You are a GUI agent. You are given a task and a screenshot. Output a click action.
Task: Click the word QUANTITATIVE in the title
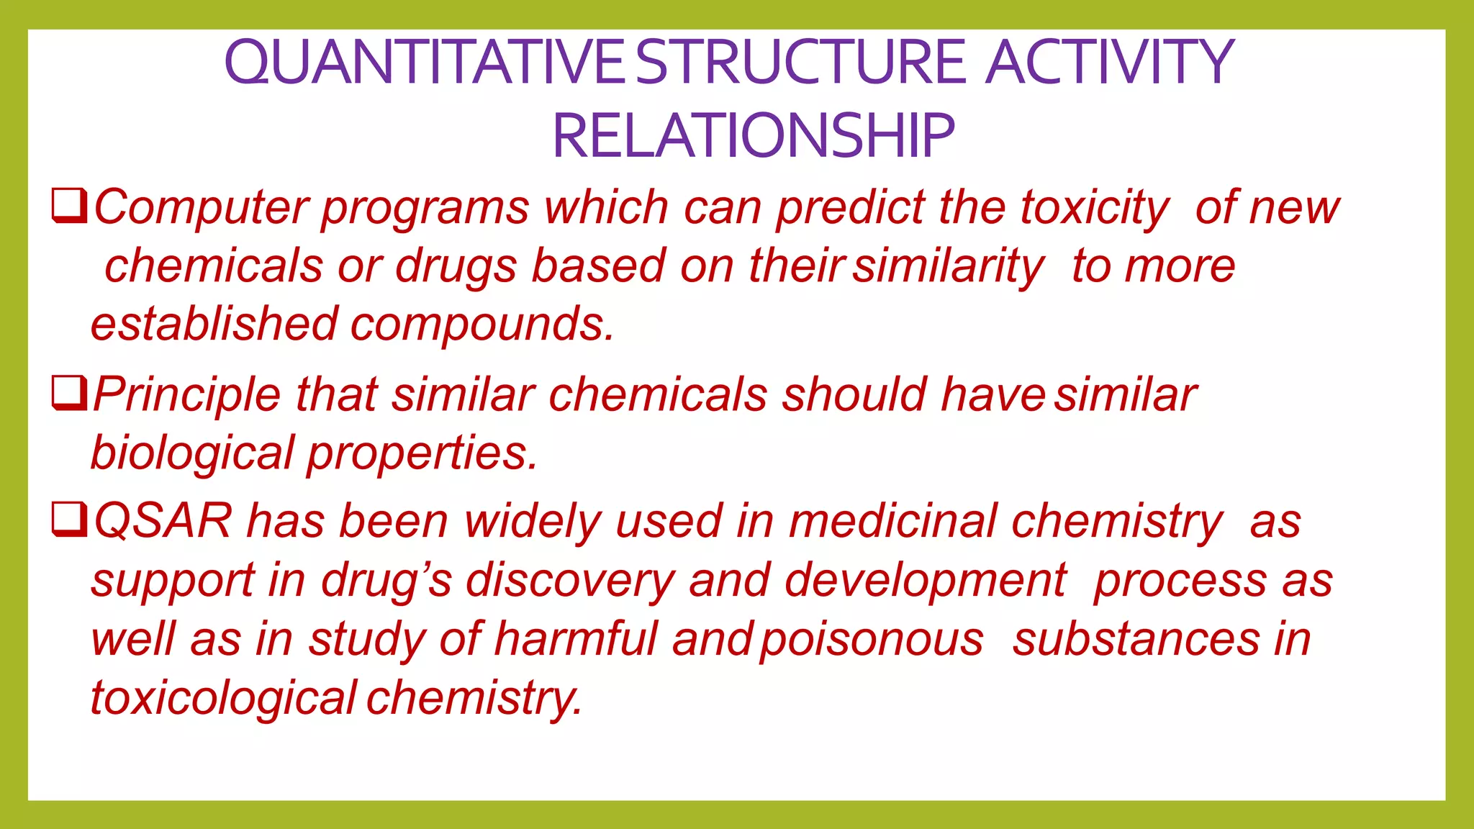[x=425, y=63]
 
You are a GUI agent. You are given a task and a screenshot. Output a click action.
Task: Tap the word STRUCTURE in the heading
[x=800, y=63]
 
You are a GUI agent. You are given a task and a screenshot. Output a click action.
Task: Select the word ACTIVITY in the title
[x=1110, y=63]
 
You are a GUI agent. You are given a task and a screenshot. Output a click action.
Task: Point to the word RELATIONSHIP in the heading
[x=753, y=136]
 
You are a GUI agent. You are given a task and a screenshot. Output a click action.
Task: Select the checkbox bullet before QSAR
[x=70, y=520]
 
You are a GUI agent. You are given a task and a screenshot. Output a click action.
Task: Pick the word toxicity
[x=1095, y=208]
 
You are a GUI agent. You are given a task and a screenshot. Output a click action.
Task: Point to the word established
[x=214, y=324]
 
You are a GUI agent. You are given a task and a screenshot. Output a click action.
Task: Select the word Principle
[x=186, y=395]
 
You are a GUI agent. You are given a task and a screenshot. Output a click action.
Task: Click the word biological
[x=192, y=454]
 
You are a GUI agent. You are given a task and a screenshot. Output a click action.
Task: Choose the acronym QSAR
[x=163, y=521]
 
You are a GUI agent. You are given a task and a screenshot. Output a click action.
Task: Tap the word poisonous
[x=872, y=639]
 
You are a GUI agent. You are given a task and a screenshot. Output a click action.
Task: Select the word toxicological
[x=224, y=698]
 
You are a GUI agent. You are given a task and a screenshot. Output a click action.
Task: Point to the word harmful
[x=575, y=639]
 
